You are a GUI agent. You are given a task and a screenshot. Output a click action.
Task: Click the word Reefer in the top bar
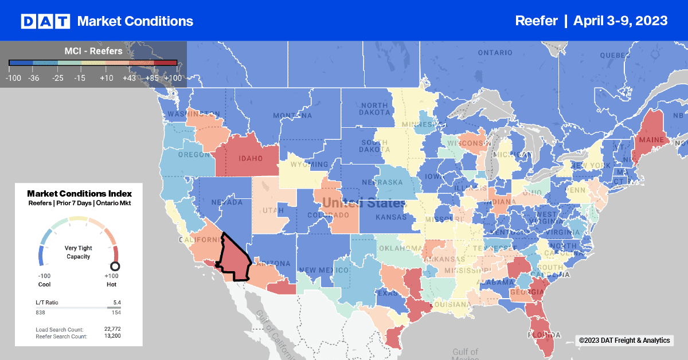point(536,21)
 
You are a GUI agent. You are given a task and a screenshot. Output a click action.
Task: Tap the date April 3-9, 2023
point(620,21)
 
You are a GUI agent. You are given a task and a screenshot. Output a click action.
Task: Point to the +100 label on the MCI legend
point(173,76)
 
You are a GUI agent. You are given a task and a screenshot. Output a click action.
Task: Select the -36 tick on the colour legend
point(34,76)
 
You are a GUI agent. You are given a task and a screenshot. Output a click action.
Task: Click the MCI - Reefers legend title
point(93,52)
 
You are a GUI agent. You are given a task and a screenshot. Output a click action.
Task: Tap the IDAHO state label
point(247,158)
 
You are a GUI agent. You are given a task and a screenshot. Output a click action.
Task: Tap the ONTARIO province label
point(495,53)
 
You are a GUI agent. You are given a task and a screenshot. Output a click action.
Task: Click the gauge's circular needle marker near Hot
point(115,266)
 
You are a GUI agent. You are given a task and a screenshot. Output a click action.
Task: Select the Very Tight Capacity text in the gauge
point(79,252)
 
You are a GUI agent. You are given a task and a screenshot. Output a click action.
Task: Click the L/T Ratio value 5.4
point(117,302)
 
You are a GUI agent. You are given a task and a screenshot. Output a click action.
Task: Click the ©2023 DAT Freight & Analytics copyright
point(624,341)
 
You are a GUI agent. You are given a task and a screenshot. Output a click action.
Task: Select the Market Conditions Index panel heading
point(79,194)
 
